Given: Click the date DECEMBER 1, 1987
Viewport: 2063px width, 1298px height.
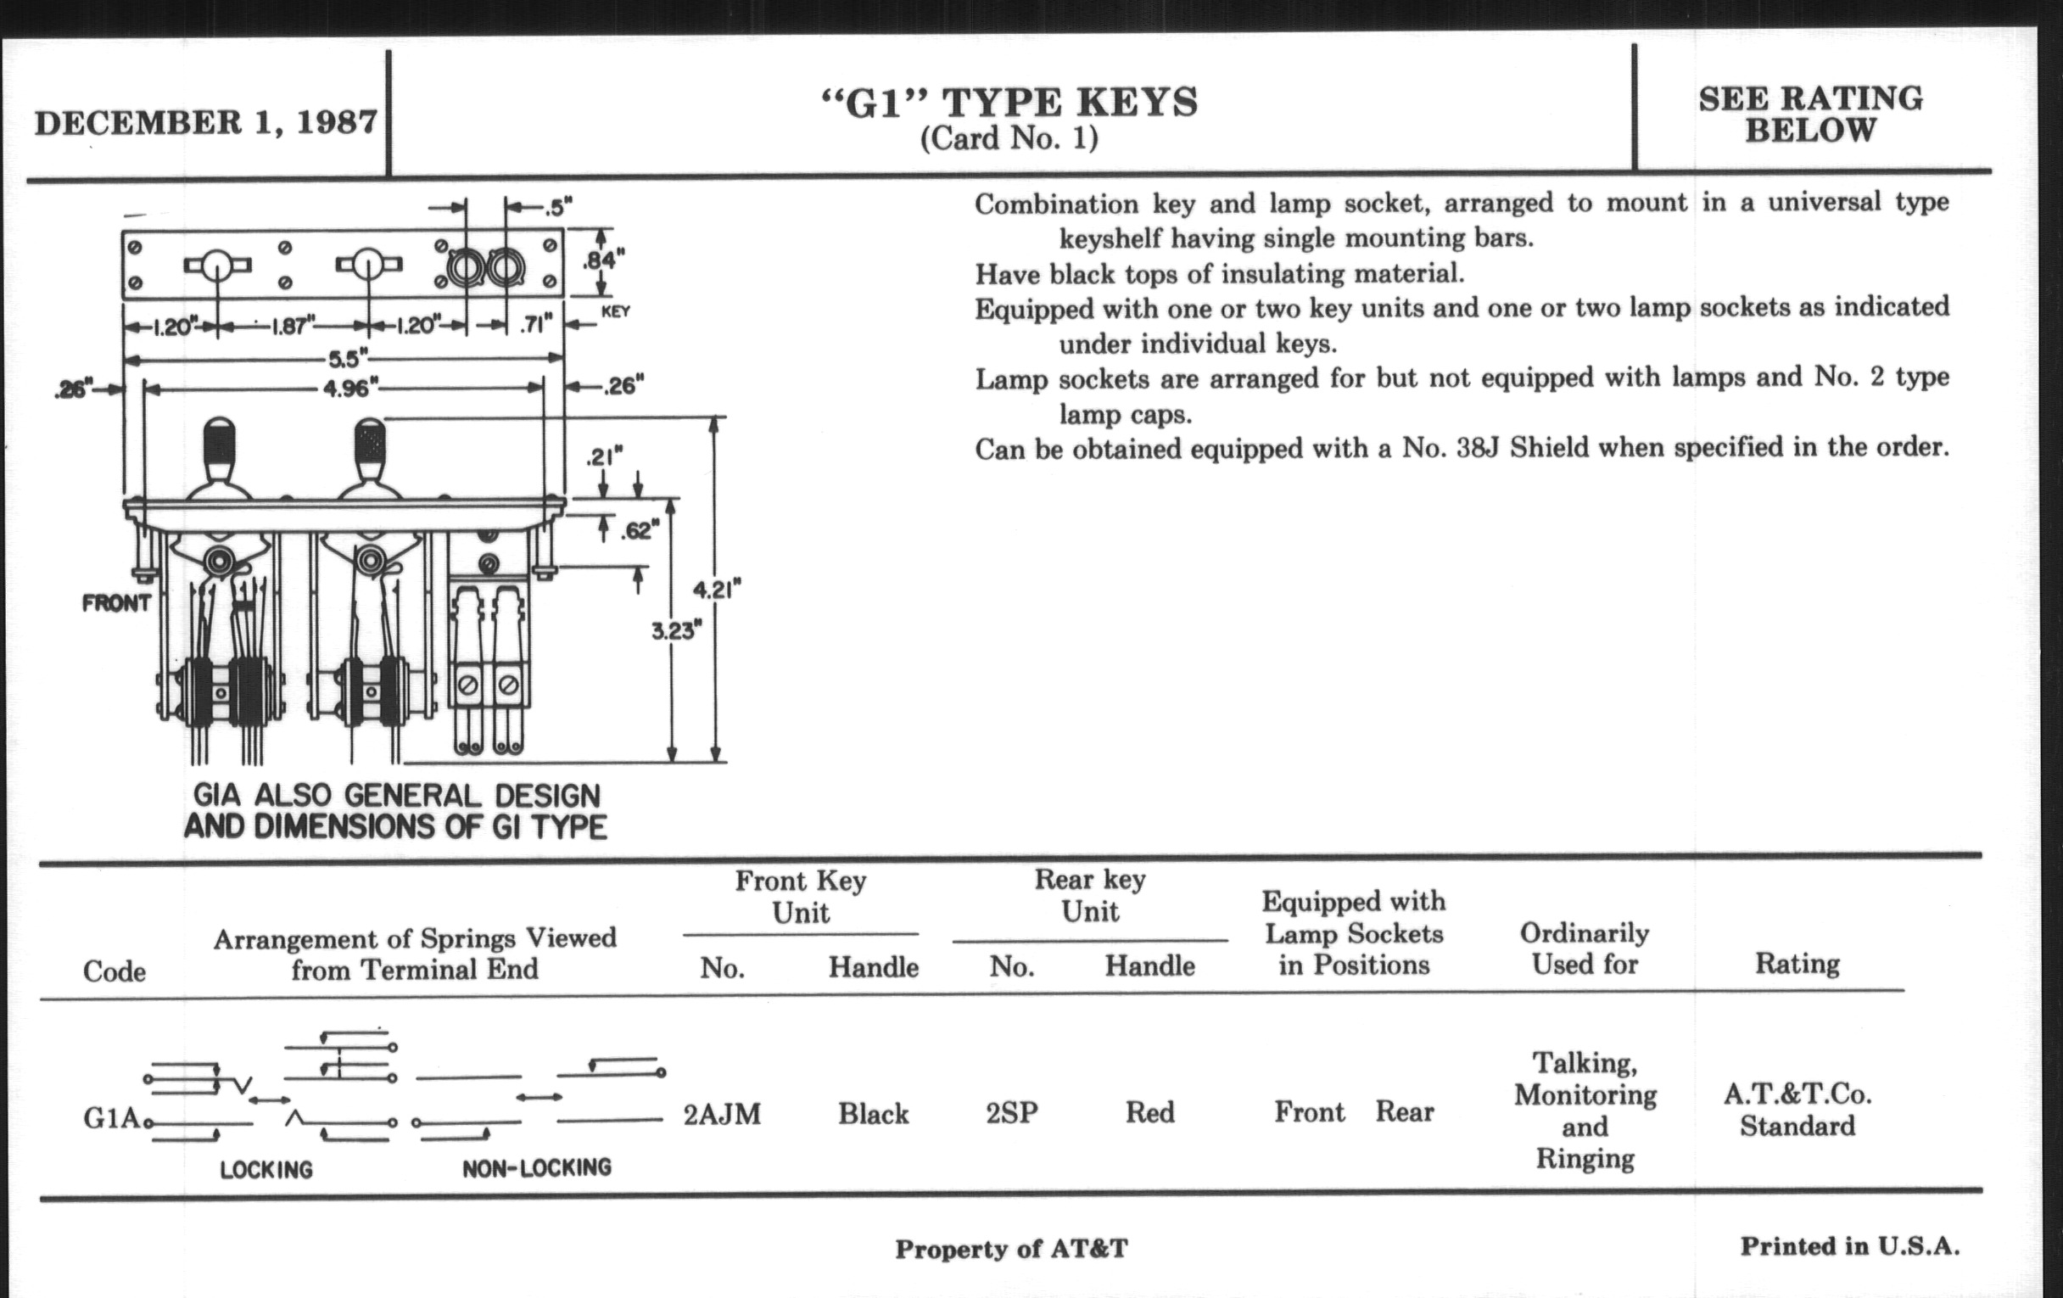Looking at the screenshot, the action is (205, 122).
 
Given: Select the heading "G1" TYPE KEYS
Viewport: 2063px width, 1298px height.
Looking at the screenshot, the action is (1009, 103).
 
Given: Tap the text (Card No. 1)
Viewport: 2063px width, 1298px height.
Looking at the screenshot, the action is (1009, 139).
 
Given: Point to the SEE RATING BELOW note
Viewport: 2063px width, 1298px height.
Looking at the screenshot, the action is (1810, 114).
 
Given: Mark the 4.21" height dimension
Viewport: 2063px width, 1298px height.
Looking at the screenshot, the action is (717, 590).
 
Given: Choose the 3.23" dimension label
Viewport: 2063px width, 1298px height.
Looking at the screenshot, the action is (677, 631).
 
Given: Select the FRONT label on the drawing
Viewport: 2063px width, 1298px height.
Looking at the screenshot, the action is (116, 603).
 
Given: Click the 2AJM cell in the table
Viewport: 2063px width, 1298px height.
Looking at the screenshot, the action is (722, 1114).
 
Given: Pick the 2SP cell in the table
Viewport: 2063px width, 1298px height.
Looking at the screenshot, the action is (1012, 1113).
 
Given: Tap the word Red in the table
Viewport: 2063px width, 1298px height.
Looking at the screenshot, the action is (1149, 1113).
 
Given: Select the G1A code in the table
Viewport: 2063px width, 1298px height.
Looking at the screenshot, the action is (111, 1118).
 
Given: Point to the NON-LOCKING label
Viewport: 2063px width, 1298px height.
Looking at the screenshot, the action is (537, 1167).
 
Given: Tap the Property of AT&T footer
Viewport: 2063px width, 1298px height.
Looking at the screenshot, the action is (1012, 1249).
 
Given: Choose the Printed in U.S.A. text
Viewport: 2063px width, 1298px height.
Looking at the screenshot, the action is (1850, 1246).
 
